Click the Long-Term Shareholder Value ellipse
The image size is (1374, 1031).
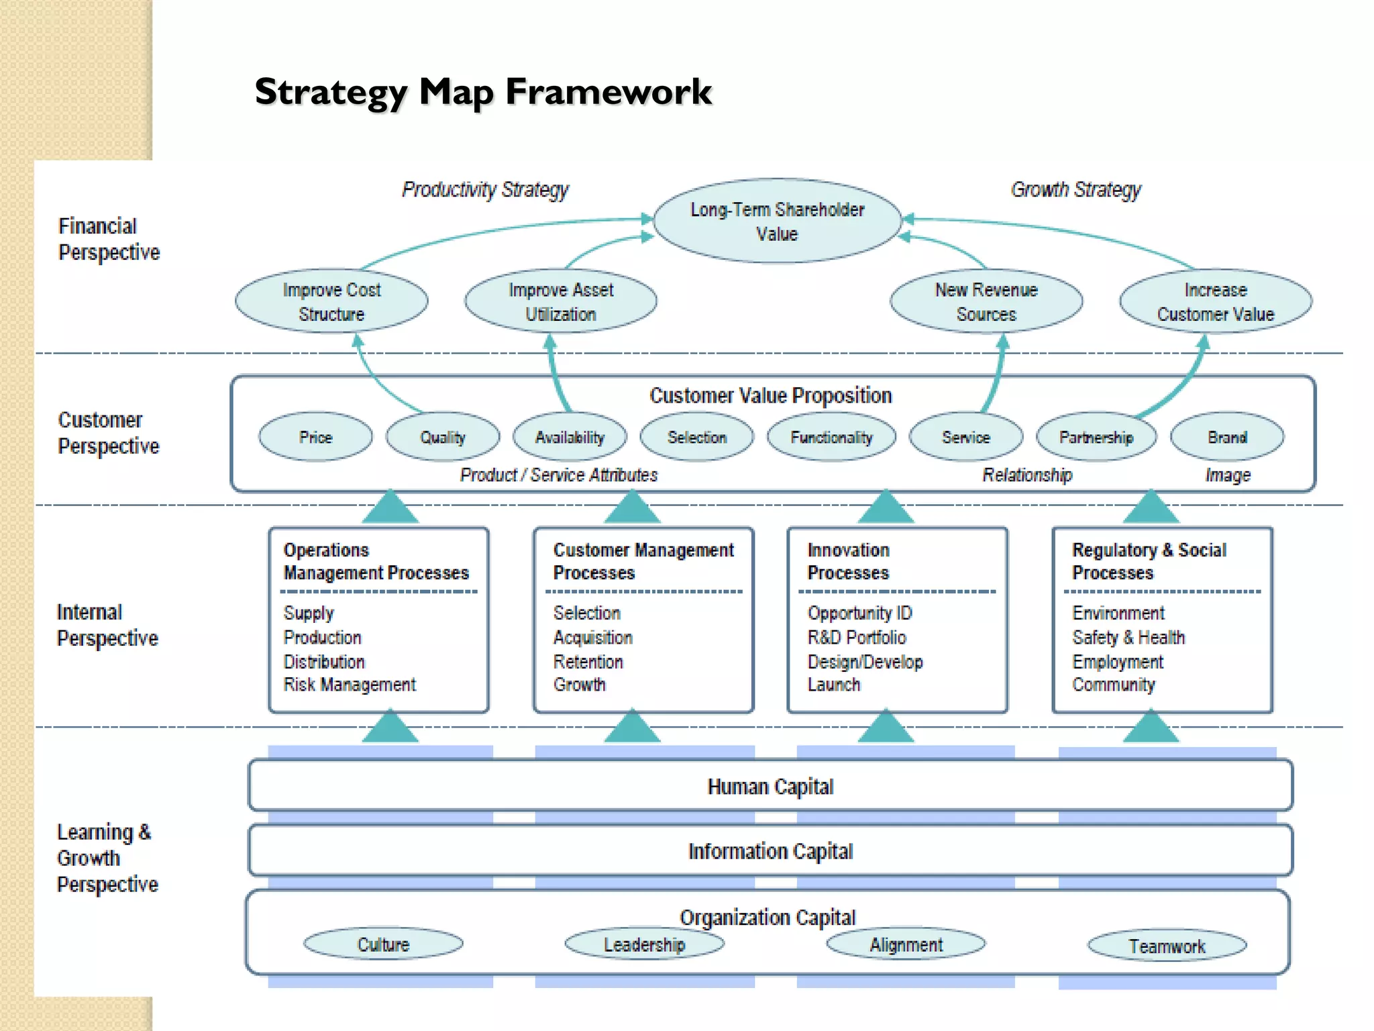[777, 222]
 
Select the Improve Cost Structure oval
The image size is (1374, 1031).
[331, 301]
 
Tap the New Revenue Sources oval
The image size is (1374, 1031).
[986, 301]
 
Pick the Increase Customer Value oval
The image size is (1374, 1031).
[1215, 301]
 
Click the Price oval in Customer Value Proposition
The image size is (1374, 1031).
[315, 437]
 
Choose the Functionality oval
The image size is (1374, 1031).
[831, 437]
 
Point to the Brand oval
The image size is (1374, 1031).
[1226, 437]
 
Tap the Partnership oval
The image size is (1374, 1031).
[1096, 437]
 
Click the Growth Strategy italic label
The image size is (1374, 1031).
[1075, 190]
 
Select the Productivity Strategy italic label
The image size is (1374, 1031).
[485, 190]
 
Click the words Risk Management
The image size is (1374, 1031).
[350, 685]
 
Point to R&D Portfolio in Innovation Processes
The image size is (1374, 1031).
[857, 637]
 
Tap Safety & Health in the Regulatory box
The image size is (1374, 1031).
[1128, 637]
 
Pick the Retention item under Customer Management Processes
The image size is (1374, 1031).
[588, 662]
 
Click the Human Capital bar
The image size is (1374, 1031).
[770, 786]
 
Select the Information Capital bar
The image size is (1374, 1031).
[770, 850]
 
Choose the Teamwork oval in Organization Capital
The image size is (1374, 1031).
[1167, 946]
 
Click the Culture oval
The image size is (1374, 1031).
[383, 944]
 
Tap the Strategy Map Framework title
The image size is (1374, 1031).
[483, 91]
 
